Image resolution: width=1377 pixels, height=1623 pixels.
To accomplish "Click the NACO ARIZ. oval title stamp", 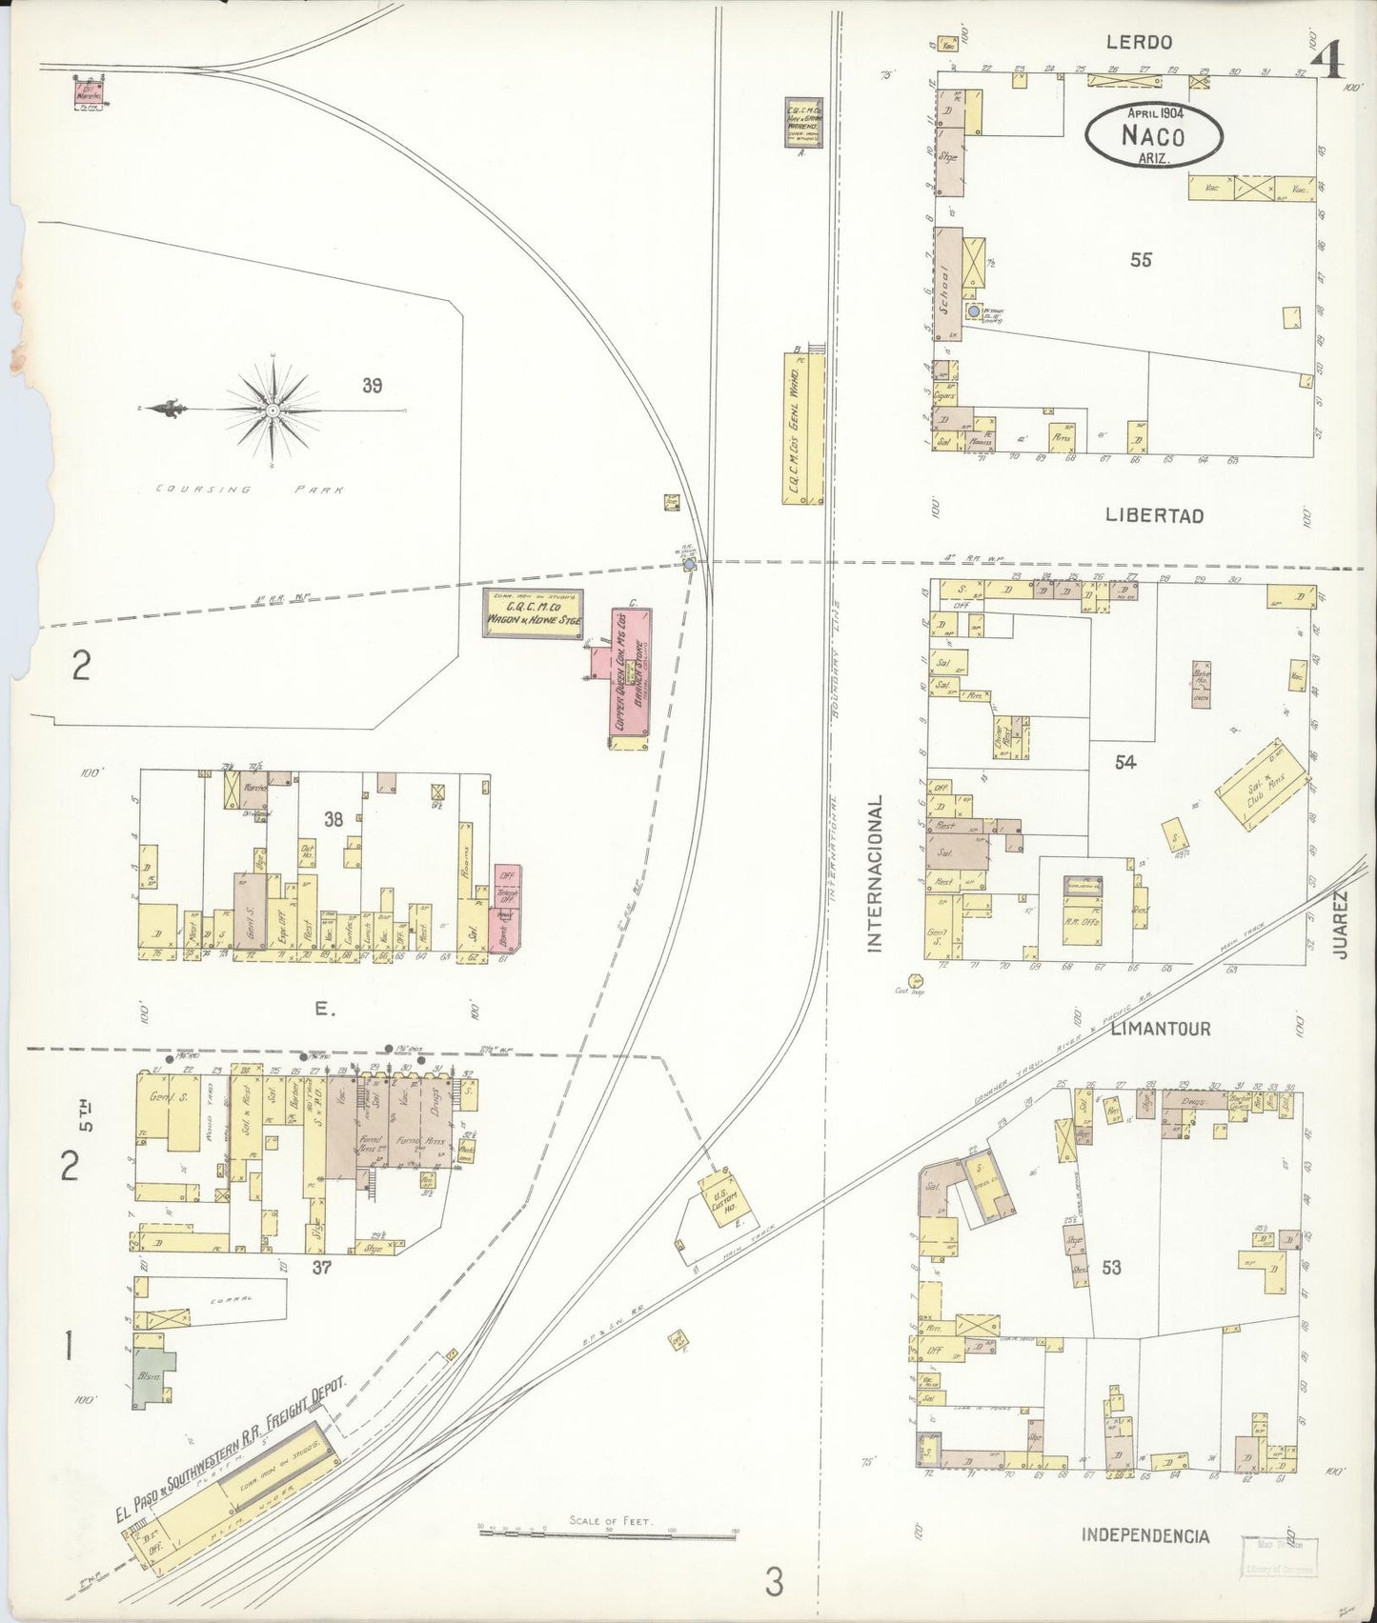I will click(1153, 136).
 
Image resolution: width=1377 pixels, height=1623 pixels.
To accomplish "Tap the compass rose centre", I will click(273, 410).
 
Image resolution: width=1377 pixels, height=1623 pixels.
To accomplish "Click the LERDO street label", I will click(1139, 42).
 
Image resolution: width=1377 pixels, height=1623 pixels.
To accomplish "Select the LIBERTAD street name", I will click(1154, 515).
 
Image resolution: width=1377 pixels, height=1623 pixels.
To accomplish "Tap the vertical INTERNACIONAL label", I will click(875, 873).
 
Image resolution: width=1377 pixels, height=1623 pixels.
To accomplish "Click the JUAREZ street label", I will click(1342, 924).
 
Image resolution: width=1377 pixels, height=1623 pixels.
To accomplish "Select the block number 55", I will click(1141, 259).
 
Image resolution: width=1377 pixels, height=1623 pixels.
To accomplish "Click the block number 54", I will click(1125, 763).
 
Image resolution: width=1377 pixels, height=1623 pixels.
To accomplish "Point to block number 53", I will click(1110, 1268).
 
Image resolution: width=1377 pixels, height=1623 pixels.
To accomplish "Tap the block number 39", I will click(372, 386).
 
